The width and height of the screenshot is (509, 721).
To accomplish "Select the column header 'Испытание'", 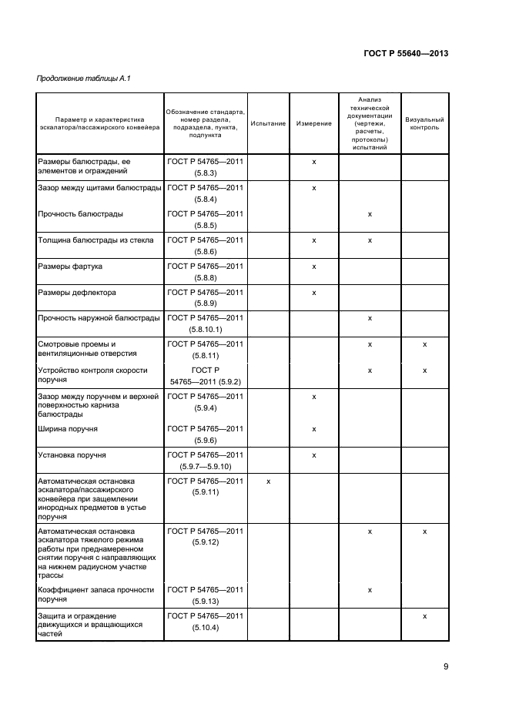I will click(268, 123).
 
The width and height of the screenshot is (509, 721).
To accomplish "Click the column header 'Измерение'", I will click(314, 123).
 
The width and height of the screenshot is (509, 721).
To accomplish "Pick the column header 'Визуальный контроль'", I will click(424, 123).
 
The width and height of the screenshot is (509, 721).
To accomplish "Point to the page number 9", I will click(446, 667).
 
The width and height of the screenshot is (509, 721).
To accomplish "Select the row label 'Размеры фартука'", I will click(70, 267).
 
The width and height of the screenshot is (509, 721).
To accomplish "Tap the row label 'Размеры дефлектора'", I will click(76, 293).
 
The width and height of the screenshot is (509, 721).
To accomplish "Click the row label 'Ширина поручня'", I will click(67, 428).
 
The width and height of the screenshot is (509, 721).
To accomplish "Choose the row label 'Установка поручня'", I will click(72, 455).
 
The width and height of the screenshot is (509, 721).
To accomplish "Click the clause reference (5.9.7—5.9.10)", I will click(205, 467).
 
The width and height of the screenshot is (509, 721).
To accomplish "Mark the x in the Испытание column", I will click(268, 481).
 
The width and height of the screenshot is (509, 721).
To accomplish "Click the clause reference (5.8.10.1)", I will click(205, 330).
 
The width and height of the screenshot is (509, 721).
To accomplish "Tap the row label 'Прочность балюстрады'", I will click(80, 213).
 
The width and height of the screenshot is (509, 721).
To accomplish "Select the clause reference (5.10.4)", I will click(205, 628).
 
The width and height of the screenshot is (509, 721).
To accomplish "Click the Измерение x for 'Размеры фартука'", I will click(314, 267).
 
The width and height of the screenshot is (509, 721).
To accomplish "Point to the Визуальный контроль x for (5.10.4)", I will click(424, 616).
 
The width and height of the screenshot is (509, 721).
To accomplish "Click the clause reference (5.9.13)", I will click(205, 602).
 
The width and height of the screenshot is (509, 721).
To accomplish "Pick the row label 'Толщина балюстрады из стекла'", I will click(95, 240).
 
